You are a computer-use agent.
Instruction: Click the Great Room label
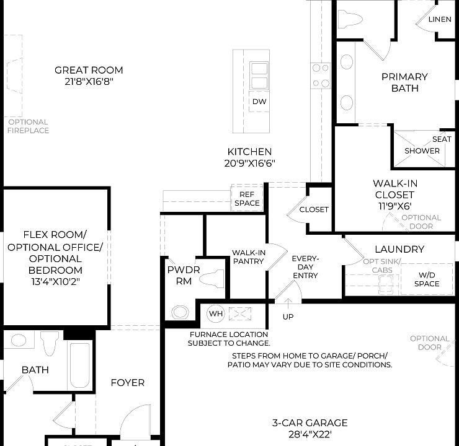coord(89,70)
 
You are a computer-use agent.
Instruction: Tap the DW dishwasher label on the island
coord(259,102)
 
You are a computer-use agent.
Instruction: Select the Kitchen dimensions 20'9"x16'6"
coord(250,163)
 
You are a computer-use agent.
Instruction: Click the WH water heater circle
coord(215,313)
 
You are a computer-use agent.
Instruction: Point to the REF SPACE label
coord(247,199)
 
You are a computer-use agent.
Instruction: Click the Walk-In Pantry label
coord(248,257)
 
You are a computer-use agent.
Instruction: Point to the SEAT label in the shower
coord(442,139)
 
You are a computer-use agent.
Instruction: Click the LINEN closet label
coord(440,19)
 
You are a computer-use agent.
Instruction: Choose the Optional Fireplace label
coord(28,126)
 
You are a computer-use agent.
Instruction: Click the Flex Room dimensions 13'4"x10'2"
coord(55,281)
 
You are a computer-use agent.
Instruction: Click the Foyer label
coord(127,383)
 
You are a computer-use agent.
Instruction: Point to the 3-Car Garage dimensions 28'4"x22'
coord(310,435)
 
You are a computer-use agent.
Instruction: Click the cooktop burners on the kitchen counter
coord(321,76)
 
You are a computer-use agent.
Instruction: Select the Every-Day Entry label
coord(305,266)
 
